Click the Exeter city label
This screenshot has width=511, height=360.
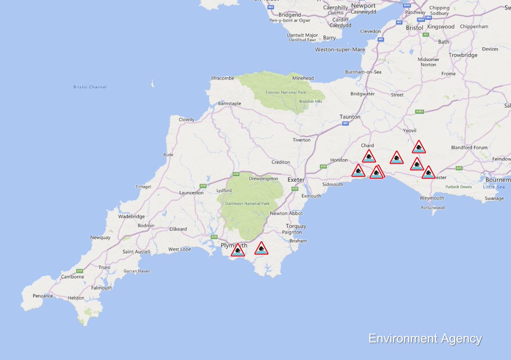296,180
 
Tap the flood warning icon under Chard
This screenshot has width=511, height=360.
369,156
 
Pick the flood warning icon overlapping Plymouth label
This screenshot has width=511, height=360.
238,251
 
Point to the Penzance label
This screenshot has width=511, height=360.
43,296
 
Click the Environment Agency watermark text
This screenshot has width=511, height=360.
425,339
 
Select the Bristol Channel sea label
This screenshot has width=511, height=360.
90,87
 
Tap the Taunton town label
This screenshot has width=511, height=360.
350,117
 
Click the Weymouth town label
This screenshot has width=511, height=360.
432,198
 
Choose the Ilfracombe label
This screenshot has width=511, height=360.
223,78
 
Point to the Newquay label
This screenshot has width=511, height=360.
100,237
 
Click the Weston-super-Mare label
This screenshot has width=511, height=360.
340,49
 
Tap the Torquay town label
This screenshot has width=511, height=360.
296,226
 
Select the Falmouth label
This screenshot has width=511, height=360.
101,288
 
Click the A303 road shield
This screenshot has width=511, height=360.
419,111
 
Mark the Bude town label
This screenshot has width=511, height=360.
168,155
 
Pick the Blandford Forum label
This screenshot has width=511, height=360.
469,148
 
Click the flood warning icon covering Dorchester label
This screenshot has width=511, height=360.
428,173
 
